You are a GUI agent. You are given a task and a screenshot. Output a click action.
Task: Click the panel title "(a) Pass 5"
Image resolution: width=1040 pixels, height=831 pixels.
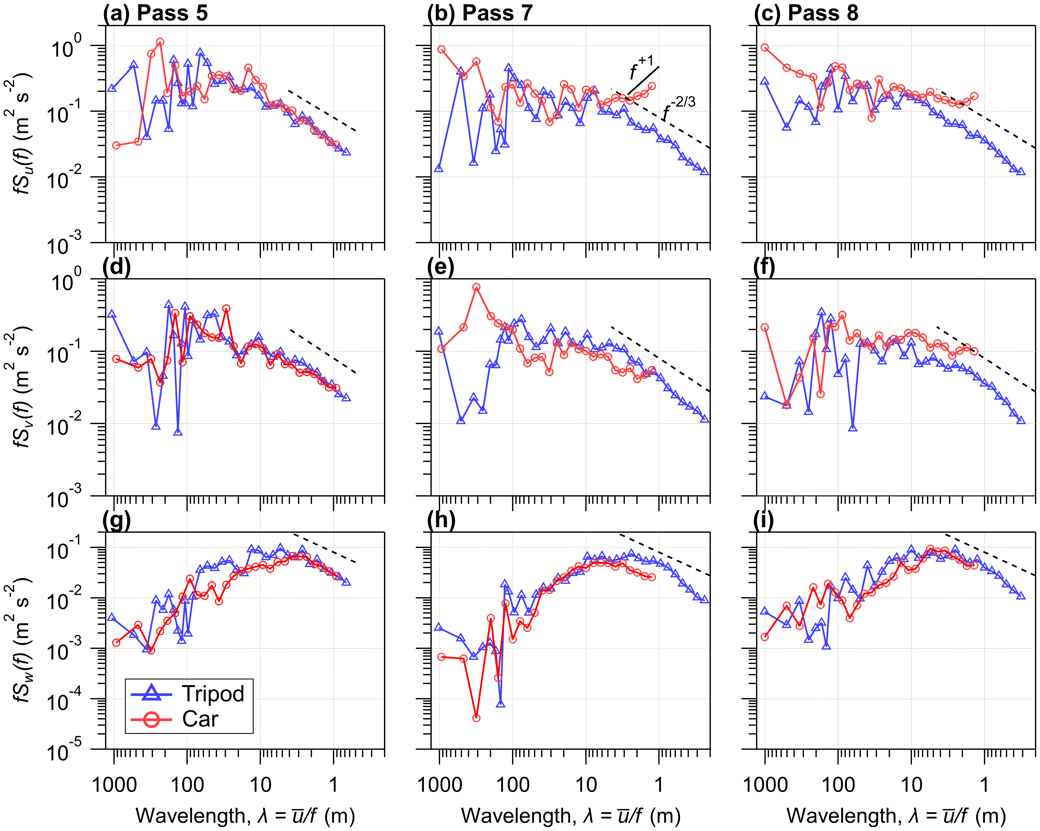coord(155,13)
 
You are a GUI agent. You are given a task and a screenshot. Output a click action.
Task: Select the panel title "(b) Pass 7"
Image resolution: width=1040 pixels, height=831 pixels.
coord(480,13)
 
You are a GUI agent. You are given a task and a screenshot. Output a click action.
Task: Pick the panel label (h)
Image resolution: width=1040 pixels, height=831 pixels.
coord(440,520)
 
